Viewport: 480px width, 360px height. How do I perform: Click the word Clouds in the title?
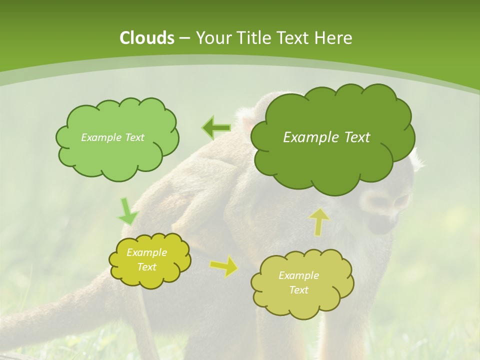coord(146,38)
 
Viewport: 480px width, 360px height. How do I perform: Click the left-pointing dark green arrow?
coord(216,128)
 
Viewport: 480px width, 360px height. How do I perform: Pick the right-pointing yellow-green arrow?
coord(223,266)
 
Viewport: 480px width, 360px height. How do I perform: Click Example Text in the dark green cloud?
coord(326,137)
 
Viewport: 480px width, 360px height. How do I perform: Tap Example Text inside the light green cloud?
coord(112,137)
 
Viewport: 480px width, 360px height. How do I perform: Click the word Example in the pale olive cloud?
coord(298,275)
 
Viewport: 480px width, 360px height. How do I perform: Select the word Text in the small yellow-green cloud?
coord(146,267)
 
